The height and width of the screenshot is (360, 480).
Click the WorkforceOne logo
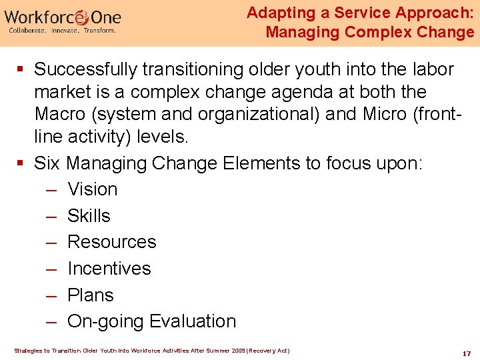63,17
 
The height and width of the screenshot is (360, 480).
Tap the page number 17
467,353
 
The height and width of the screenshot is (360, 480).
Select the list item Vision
92,189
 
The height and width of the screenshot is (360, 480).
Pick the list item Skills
89,216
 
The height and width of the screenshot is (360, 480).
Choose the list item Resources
111,242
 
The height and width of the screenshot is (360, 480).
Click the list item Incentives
109,269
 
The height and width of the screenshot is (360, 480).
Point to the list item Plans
91,295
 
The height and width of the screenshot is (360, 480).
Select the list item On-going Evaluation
151,321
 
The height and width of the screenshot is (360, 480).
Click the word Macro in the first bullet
62,114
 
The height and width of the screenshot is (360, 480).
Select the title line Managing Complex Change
369,31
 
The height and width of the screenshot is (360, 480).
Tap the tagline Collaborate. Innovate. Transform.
62,31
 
